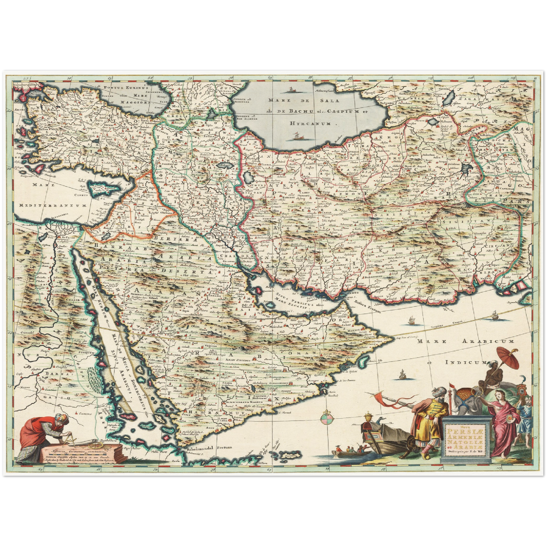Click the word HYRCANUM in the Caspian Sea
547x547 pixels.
click(x=310, y=123)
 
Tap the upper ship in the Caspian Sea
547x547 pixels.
click(x=291, y=90)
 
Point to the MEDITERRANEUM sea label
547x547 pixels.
click(x=51, y=205)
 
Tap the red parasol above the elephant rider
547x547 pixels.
click(x=508, y=356)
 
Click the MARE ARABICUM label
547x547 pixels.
click(x=466, y=341)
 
